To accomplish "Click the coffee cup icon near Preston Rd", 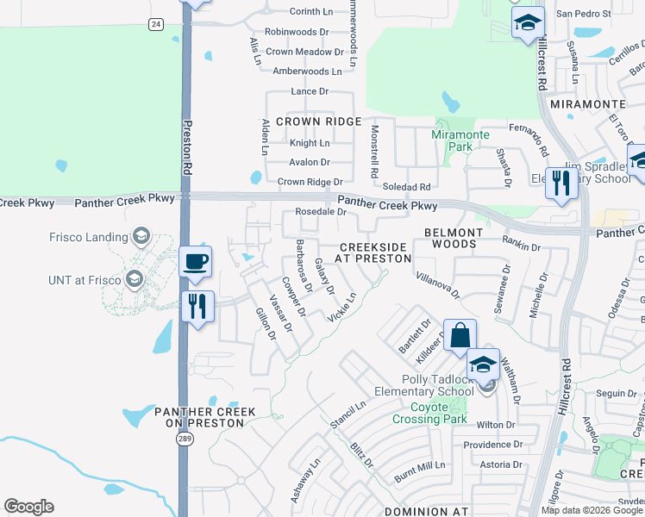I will tap(196, 262).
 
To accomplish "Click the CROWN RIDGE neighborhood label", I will tap(318, 121).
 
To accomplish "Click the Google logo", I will tap(28, 507).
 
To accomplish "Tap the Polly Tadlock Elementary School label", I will tap(426, 385).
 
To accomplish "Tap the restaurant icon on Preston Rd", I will tap(198, 305).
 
